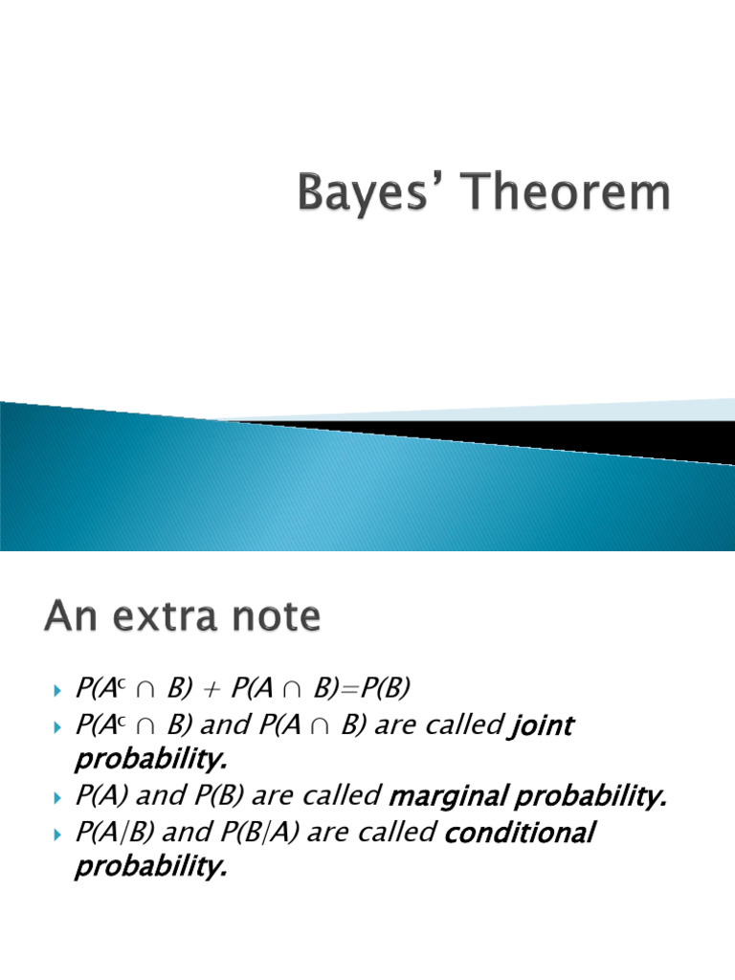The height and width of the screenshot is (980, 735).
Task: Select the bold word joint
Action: point(542,725)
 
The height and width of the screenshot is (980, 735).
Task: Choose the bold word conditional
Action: point(521,833)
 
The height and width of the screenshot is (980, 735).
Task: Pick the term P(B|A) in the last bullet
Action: point(254,833)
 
